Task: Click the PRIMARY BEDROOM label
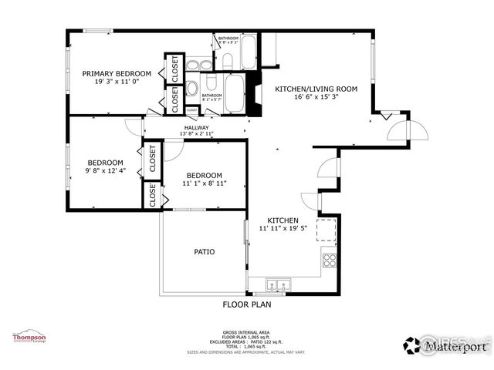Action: point(117,73)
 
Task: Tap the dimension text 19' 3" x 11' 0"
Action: point(117,81)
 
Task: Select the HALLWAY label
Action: point(197,127)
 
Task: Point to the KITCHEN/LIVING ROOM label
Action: point(316,89)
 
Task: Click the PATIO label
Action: point(204,251)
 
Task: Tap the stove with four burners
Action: point(330,260)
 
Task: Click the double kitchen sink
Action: point(277,285)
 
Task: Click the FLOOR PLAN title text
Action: point(247,304)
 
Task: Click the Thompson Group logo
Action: point(29,337)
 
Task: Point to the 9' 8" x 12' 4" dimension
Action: point(105,170)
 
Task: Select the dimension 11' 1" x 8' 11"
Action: point(205,183)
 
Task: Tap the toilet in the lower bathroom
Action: point(192,88)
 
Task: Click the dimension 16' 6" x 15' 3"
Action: point(316,97)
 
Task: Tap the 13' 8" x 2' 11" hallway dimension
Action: point(197,134)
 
